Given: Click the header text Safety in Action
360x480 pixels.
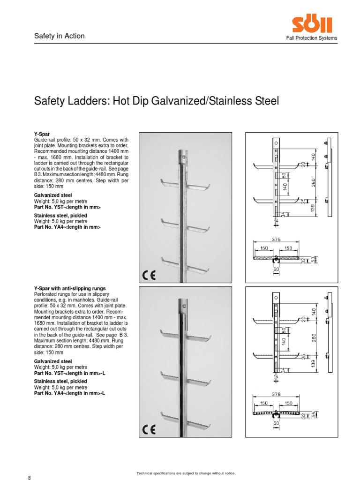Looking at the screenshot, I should pos(60,36).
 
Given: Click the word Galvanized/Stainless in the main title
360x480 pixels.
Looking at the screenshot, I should pos(205,101).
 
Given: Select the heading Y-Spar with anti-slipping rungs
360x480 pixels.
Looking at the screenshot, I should pos(70,288).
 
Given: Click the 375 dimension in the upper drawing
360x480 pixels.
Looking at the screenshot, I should pos(276,239).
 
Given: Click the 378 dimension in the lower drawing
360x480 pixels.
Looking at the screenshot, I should pos(276,395).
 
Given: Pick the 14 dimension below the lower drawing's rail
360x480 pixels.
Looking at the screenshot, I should pos(276,376).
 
